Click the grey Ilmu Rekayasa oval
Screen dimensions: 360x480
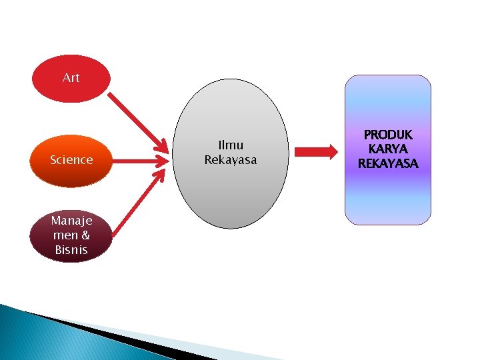pyautogui.click(x=231, y=193)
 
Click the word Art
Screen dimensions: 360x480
pyautogui.click(x=71, y=78)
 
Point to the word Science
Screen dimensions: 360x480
pyautogui.click(x=71, y=160)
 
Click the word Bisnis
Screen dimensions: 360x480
pyautogui.click(x=71, y=251)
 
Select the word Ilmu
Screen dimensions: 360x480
pyautogui.click(x=231, y=145)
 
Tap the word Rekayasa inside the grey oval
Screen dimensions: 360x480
pyautogui.click(x=231, y=160)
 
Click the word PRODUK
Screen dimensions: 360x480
pyautogui.click(x=387, y=135)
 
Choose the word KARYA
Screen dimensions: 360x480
pyautogui.click(x=387, y=149)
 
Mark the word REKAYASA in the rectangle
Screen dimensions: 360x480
pyautogui.click(x=387, y=163)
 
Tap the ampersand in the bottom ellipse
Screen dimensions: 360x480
pyautogui.click(x=85, y=236)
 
